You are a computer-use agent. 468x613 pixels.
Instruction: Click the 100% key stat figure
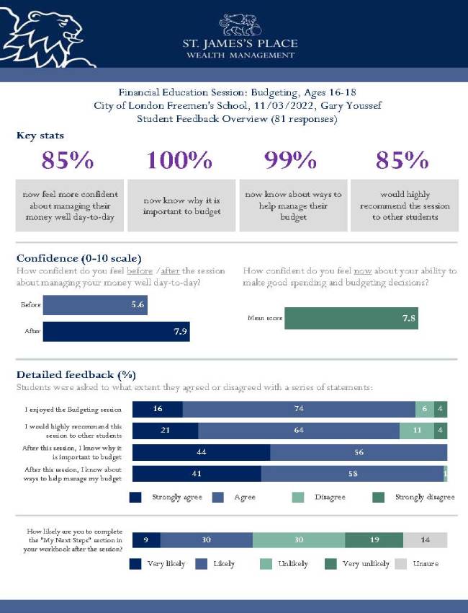pyautogui.click(x=180, y=160)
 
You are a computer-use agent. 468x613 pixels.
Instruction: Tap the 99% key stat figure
pyautogui.click(x=291, y=160)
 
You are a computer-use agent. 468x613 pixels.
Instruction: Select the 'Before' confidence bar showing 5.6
pyautogui.click(x=95, y=305)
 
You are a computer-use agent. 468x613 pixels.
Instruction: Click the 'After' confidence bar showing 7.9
pyautogui.click(x=117, y=332)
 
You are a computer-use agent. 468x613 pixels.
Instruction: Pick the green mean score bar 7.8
pyautogui.click(x=351, y=318)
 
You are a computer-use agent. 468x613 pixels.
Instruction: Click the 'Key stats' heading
pyautogui.click(x=40, y=135)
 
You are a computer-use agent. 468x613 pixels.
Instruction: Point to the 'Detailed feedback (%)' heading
pyautogui.click(x=76, y=374)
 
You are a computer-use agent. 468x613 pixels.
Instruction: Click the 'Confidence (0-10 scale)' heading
pyautogui.click(x=78, y=258)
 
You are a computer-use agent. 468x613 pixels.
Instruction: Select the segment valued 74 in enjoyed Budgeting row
pyautogui.click(x=299, y=409)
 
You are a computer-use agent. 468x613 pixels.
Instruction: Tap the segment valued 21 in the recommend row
pyautogui.click(x=166, y=431)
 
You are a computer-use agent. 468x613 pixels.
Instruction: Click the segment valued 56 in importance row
pyautogui.click(x=359, y=452)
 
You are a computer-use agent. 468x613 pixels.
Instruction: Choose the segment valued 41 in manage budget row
pyautogui.click(x=197, y=474)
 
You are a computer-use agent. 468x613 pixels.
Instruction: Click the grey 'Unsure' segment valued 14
pyautogui.click(x=425, y=540)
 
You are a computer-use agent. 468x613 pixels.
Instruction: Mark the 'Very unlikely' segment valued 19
pyautogui.click(x=374, y=540)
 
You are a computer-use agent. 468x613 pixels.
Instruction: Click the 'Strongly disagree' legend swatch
pyautogui.click(x=379, y=497)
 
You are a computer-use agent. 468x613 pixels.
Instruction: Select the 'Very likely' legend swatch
pyautogui.click(x=135, y=563)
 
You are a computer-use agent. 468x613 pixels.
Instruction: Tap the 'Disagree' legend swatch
pyautogui.click(x=298, y=497)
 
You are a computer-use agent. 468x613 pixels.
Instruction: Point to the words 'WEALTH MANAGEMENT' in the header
pyautogui.click(x=240, y=55)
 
